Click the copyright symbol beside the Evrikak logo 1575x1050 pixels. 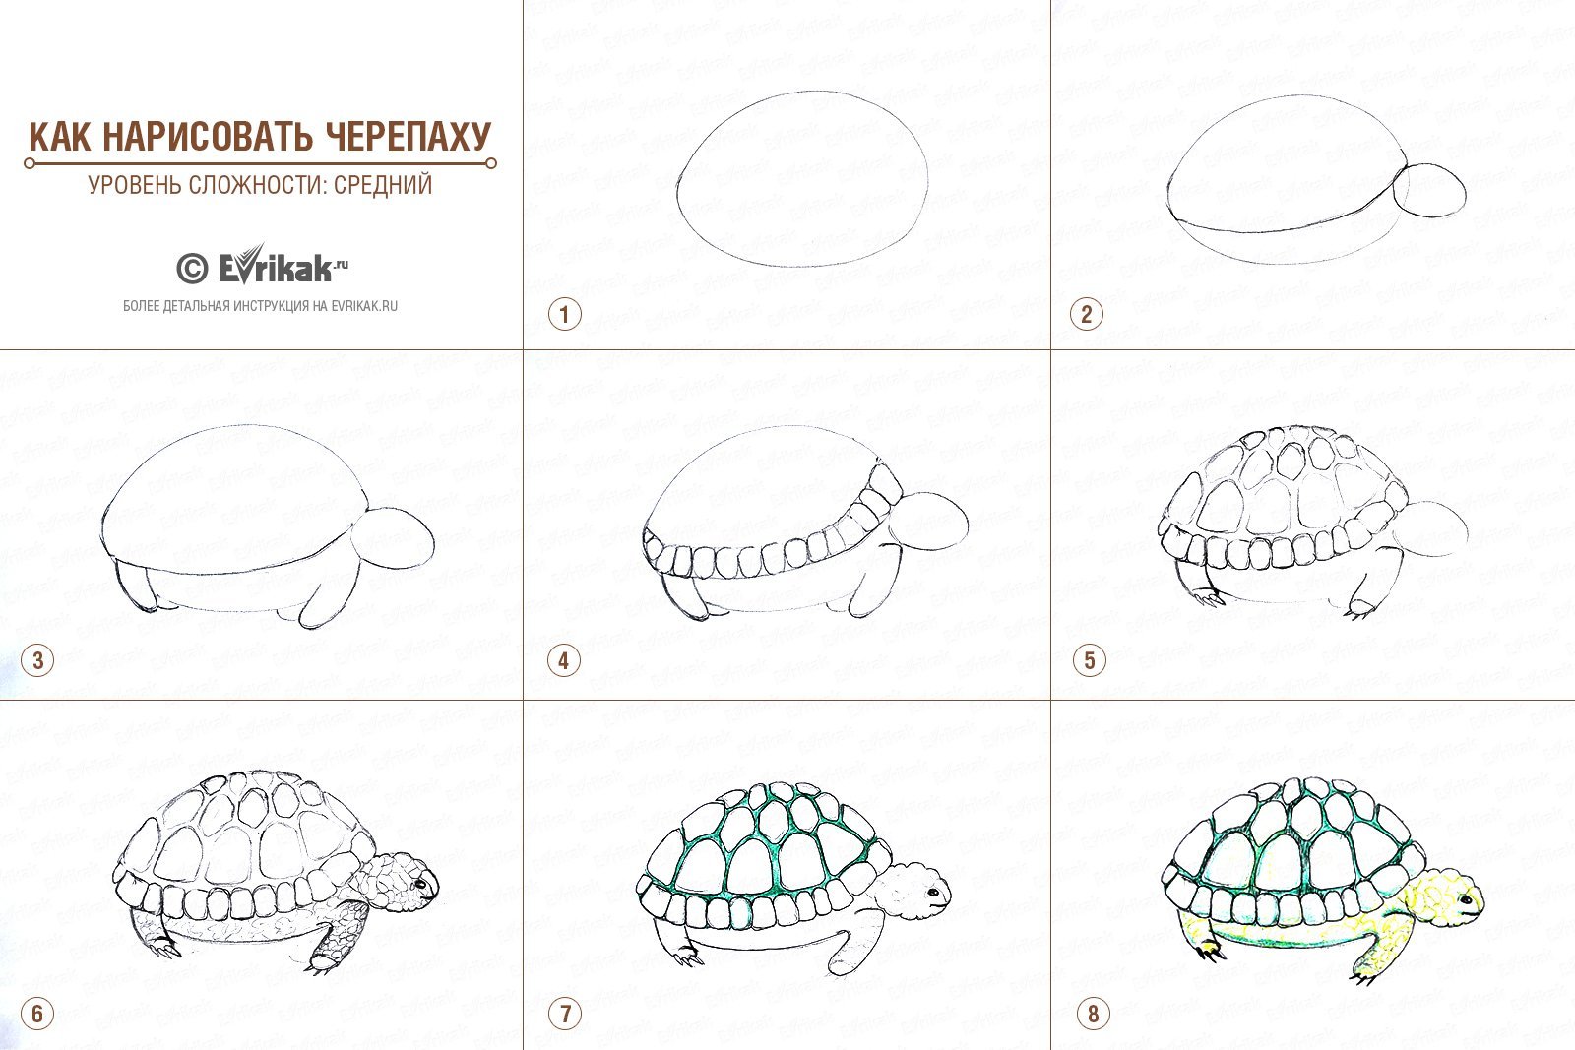pos(192,269)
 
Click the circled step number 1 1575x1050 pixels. pos(564,314)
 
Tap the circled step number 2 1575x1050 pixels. pos(1087,314)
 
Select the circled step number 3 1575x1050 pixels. pos(38,660)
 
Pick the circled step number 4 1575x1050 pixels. pos(564,660)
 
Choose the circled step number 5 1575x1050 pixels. pos(1089,660)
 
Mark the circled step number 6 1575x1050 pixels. pos(38,1015)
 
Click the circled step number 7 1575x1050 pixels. pos(565,1015)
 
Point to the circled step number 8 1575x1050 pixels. pos(1093,1015)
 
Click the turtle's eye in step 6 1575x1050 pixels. pos(419,882)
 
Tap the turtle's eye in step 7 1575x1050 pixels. pos(934,893)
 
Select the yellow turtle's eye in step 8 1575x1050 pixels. pos(1466,899)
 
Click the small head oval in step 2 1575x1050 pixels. pos(1431,191)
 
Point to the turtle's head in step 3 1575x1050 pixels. pos(393,537)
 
